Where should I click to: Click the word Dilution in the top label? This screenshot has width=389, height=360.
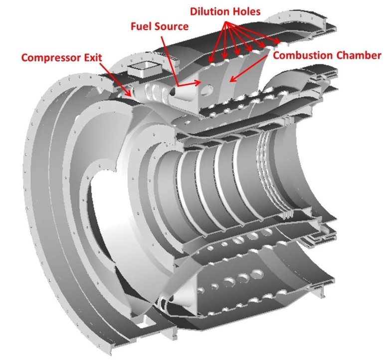[x=210, y=11]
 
